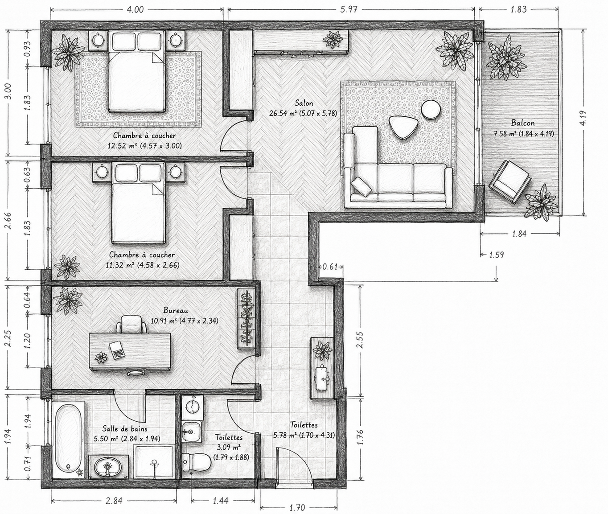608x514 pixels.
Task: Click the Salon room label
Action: pyautogui.click(x=304, y=103)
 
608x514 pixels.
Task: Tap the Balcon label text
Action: pyautogui.click(x=523, y=123)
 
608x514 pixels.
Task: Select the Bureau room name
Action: pyautogui.click(x=176, y=310)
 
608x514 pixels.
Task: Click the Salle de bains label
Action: pyautogui.click(x=125, y=429)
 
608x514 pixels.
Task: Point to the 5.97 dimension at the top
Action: pyautogui.click(x=349, y=9)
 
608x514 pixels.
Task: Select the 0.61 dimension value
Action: pyautogui.click(x=329, y=267)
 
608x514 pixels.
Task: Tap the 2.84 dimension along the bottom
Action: pyautogui.click(x=114, y=500)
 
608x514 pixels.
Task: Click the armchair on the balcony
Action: pyautogui.click(x=510, y=181)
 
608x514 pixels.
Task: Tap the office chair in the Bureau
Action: pyautogui.click(x=131, y=324)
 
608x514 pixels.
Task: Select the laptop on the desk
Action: pyautogui.click(x=117, y=350)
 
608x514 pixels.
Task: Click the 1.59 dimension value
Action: pyautogui.click(x=497, y=254)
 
